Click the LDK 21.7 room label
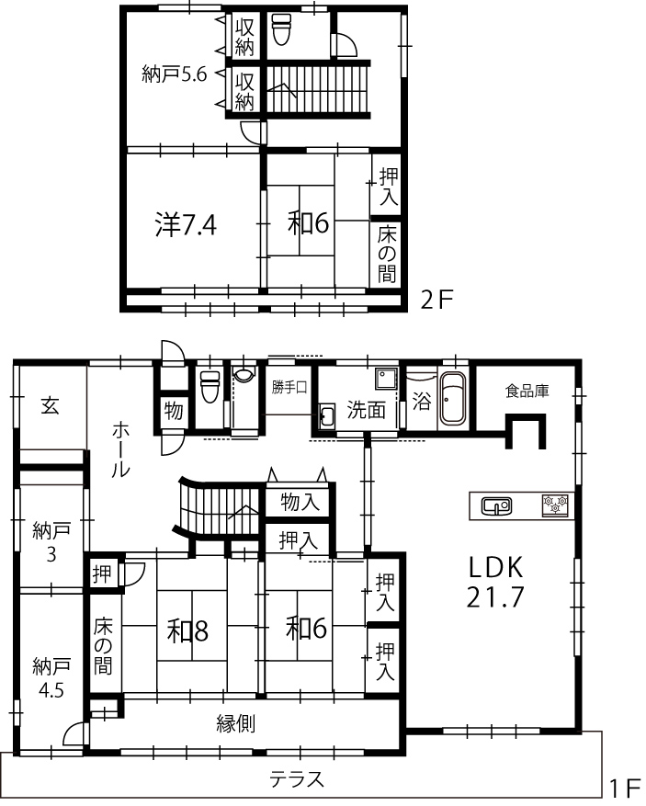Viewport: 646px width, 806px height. (x=495, y=582)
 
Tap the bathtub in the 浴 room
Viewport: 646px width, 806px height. (x=453, y=400)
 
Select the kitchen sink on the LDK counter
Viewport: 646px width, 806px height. (x=496, y=506)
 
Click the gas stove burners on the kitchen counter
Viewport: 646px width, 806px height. (x=556, y=505)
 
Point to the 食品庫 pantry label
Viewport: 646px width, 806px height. (x=527, y=391)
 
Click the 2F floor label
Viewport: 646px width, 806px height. (x=436, y=300)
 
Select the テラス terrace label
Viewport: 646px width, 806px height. (x=297, y=779)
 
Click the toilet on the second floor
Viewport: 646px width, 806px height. (x=281, y=28)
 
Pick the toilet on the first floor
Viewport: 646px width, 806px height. (x=210, y=387)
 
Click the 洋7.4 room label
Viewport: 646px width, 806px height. (x=186, y=224)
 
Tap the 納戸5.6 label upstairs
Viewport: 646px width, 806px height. (x=175, y=74)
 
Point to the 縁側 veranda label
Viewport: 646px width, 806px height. (x=235, y=724)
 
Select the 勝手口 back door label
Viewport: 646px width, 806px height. (x=289, y=387)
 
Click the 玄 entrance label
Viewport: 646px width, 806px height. (x=50, y=406)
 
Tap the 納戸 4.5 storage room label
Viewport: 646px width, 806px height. (x=51, y=677)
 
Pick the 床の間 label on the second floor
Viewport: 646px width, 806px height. (x=387, y=255)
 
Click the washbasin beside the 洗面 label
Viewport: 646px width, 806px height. (x=327, y=415)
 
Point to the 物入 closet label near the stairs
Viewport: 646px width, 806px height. (x=300, y=501)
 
